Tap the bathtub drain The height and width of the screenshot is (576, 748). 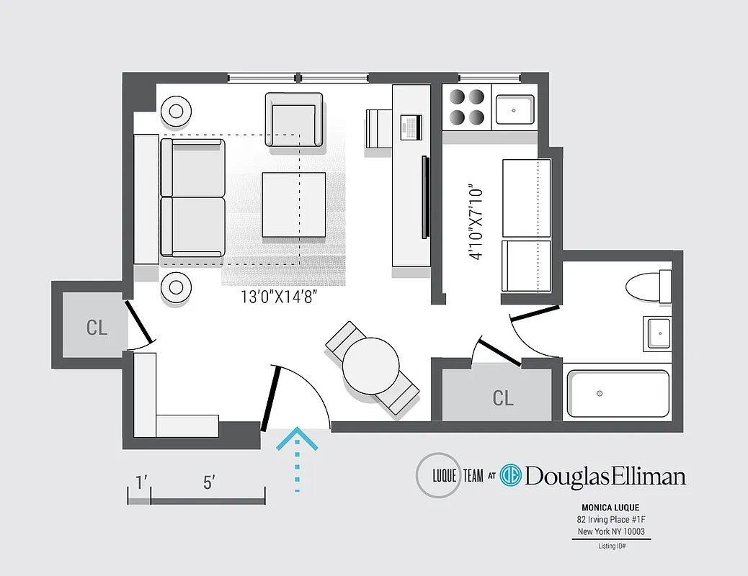point(599,394)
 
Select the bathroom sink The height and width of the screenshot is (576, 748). point(657,333)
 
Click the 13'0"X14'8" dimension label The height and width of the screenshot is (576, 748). point(280,296)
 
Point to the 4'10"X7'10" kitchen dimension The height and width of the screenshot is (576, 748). point(474,223)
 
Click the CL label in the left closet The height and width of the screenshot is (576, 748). point(97,328)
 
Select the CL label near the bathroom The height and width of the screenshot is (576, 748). point(503,397)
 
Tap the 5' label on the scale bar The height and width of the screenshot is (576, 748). point(208,483)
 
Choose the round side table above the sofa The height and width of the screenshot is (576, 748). point(177,112)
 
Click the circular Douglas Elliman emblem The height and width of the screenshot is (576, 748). point(511,476)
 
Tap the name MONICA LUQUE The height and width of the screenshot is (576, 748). point(610,507)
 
